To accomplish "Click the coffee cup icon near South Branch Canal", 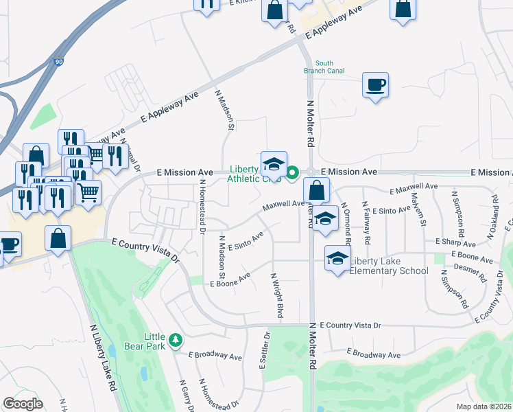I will [x=375, y=85].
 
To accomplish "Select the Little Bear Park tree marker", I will [x=176, y=340].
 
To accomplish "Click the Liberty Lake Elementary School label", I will [x=389, y=266].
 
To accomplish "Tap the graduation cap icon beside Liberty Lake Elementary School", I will [x=337, y=258].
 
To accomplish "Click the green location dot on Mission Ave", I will [x=292, y=172].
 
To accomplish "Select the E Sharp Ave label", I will [x=455, y=242].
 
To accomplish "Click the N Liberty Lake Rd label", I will [x=103, y=357].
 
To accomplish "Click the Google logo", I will [x=23, y=403].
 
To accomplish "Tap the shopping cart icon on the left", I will [x=88, y=193].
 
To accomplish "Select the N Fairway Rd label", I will [x=367, y=224].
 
